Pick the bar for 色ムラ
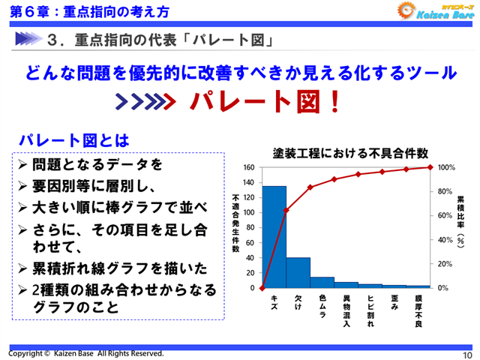pyautogui.click(x=322, y=282)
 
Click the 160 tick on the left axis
pyautogui.click(x=250, y=167)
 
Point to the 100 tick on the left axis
pyautogui.click(x=250, y=212)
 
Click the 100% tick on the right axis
pyautogui.click(x=446, y=167)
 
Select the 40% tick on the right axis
pyautogui.click(x=445, y=240)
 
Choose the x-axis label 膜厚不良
pyautogui.click(x=418, y=311)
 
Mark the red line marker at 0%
pyautogui.click(x=262, y=288)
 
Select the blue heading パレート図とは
pyautogui.click(x=73, y=139)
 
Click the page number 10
pyautogui.click(x=467, y=354)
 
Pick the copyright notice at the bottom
pyautogui.click(x=85, y=352)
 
